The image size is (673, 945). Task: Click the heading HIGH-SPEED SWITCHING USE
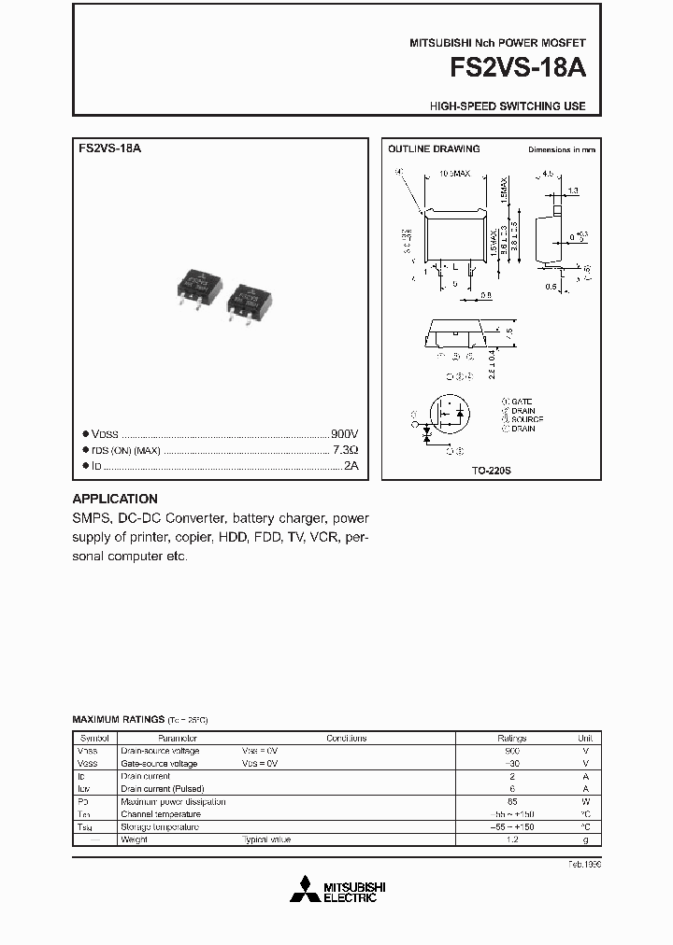click(508, 106)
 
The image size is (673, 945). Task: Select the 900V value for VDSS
click(344, 435)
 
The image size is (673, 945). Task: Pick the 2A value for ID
click(351, 465)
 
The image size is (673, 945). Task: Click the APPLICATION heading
click(115, 499)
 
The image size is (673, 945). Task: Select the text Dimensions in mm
click(561, 149)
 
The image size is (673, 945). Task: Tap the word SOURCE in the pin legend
click(531, 418)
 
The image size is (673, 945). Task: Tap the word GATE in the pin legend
click(525, 400)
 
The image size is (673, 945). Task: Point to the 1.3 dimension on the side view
click(573, 190)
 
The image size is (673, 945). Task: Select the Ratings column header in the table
click(511, 738)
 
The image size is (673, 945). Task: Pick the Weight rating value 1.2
click(511, 839)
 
